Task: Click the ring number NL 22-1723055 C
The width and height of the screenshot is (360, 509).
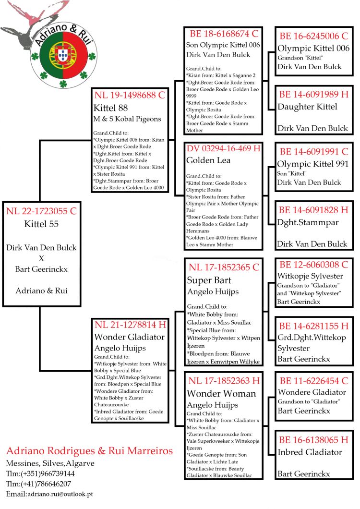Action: pos(41,211)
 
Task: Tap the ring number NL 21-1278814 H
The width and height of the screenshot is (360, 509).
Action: pos(131,325)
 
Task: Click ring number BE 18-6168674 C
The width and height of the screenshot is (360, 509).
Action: pos(224,34)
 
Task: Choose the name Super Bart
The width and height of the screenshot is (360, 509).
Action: pos(209,280)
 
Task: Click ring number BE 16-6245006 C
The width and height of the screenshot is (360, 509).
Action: pos(313,36)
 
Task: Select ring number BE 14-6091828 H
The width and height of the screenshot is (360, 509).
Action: pos(313,210)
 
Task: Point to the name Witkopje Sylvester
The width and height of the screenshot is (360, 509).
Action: pos(310,276)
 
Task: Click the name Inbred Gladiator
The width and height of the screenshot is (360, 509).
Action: pos(310,452)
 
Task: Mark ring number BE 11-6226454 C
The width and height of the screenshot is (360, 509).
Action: pos(313,380)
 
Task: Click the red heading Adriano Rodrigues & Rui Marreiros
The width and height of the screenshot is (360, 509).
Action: pos(89,451)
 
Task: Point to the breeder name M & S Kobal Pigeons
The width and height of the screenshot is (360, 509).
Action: pos(128,119)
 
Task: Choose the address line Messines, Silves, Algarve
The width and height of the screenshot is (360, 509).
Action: pos(50,463)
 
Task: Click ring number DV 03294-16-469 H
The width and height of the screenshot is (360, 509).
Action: pos(224,148)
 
